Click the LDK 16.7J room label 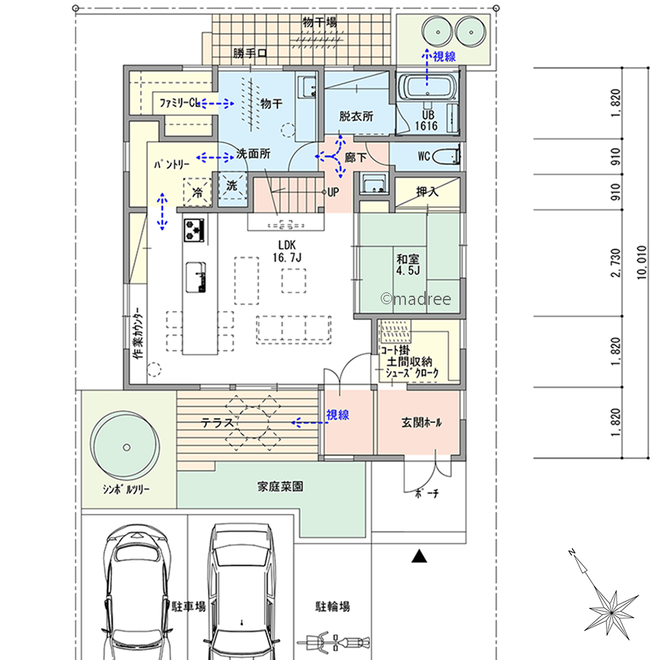[287, 251]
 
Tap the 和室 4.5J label [408, 265]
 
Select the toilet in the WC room [446, 156]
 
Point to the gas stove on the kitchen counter [195, 230]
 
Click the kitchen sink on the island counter [196, 277]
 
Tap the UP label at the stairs [333, 192]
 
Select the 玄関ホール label [421, 422]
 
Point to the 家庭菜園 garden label [280, 486]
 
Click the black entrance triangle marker [419, 556]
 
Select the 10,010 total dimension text [642, 263]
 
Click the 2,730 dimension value [615, 263]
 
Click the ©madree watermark [416, 299]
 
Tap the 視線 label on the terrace [337, 415]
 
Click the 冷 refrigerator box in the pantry [197, 192]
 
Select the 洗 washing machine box [232, 185]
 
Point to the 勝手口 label [250, 53]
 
